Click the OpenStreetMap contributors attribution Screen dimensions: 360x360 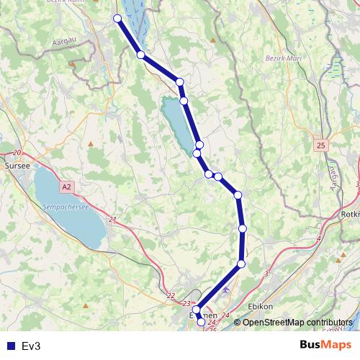coord(297,322)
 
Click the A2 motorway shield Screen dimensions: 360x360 coord(66,187)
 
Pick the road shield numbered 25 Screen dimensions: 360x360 coord(320,146)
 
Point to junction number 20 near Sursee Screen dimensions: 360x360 coord(17,153)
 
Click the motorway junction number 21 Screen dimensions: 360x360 coord(112,219)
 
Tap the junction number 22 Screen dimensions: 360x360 coord(171,295)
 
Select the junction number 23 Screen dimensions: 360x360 coord(187,304)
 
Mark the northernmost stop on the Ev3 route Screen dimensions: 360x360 coord(117,18)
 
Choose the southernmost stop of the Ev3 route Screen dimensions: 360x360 coord(201,323)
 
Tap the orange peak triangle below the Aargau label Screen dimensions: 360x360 coord(73,63)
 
